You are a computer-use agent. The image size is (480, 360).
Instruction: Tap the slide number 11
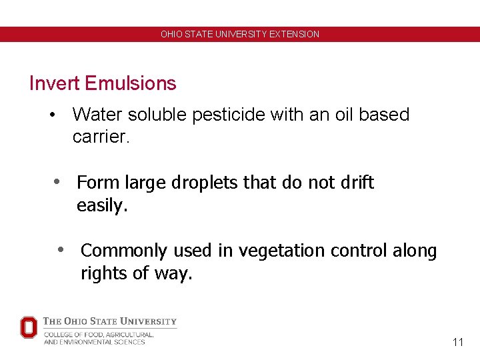[457, 342]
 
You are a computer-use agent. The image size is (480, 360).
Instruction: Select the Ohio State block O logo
[29, 327]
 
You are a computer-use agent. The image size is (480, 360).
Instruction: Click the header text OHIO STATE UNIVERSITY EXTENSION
[240, 34]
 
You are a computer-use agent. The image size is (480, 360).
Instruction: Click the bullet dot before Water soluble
[52, 115]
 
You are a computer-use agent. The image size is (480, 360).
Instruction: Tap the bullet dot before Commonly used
[61, 250]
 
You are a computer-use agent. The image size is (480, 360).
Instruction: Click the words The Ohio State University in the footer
[110, 321]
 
